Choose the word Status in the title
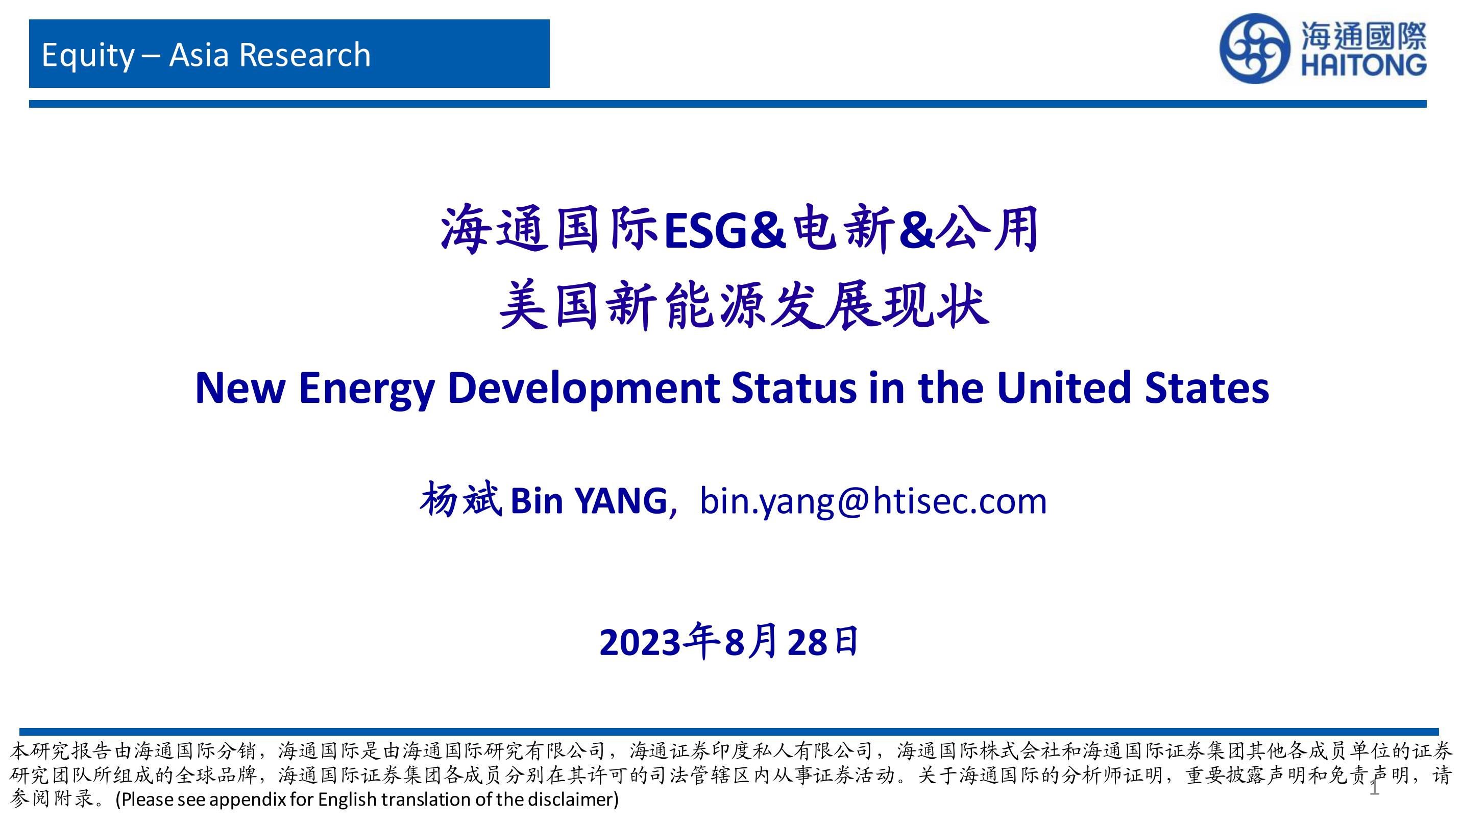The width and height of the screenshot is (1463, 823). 793,388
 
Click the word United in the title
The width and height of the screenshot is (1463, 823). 1064,388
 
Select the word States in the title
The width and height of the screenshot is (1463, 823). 1206,388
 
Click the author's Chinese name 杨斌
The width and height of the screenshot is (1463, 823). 460,500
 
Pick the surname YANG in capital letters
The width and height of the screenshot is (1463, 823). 621,501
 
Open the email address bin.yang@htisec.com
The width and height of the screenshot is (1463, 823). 873,501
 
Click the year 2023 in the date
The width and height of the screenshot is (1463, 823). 640,643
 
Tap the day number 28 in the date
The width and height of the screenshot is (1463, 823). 807,643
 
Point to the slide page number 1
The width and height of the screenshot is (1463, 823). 1374,787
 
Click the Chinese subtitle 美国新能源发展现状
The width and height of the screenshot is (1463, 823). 744,307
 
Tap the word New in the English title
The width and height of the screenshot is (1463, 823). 240,388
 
